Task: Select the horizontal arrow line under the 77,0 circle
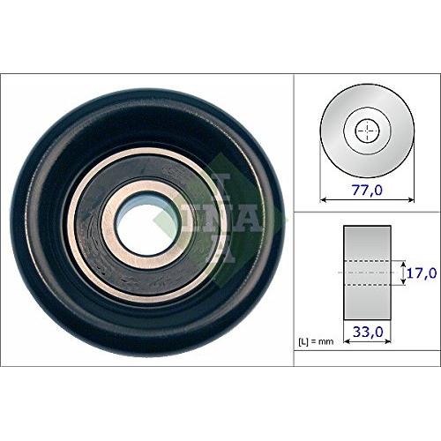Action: click(x=367, y=200)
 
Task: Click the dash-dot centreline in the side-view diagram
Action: click(x=367, y=273)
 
